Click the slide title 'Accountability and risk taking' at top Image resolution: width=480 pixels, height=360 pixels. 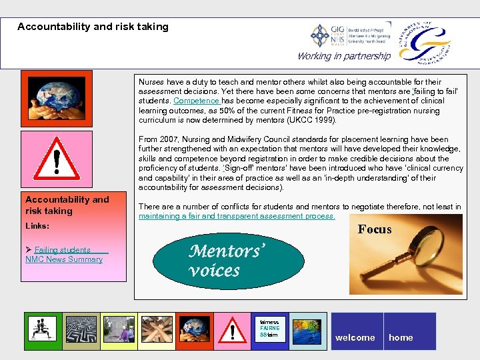click(93, 27)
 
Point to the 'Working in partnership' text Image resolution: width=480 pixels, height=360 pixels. click(343, 56)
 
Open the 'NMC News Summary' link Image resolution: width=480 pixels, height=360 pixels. click(64, 259)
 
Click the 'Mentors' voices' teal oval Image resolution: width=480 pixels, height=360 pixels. click(213, 261)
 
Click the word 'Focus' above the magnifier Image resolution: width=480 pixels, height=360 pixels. click(375, 229)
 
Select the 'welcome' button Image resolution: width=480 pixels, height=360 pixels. click(355, 337)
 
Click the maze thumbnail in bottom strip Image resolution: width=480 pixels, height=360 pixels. click(81, 331)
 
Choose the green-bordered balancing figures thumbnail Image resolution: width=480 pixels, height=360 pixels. click(43, 331)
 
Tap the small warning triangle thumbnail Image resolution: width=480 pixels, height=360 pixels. click(233, 331)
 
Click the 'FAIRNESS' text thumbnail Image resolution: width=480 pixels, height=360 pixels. click(270, 330)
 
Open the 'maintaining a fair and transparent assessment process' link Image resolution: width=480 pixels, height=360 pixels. click(237, 217)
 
